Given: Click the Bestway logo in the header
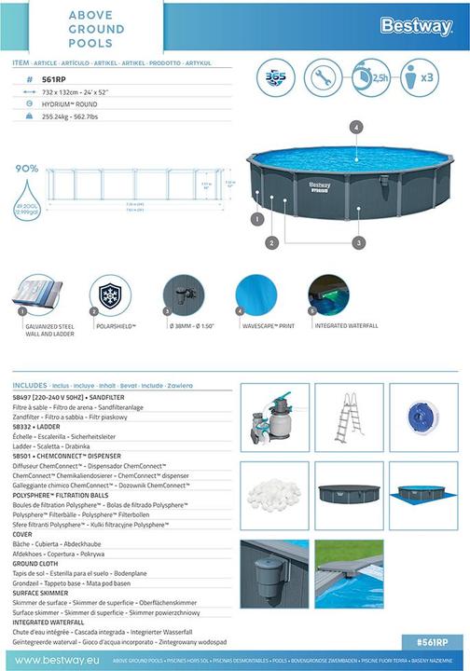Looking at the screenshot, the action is pos(416,27).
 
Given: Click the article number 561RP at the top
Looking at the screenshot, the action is pos(56,79).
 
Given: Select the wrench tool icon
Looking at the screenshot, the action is pos(323,76).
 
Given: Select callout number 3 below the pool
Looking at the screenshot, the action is pos(357,241).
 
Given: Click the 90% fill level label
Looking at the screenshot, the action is pos(26,169).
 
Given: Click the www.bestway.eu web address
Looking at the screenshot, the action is pos(51,660).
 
